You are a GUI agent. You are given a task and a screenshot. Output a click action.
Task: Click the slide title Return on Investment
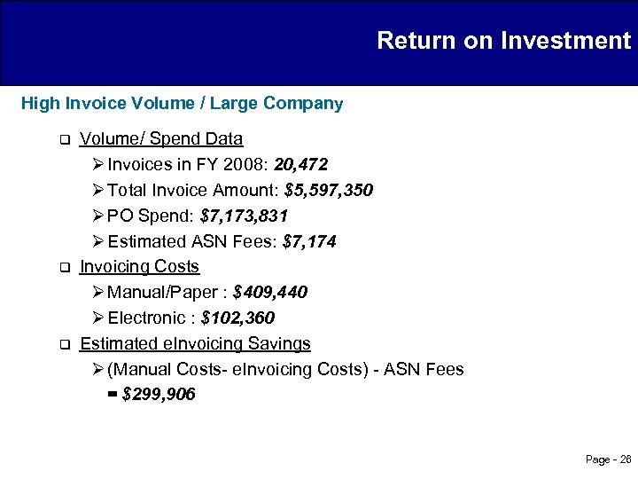[x=503, y=41]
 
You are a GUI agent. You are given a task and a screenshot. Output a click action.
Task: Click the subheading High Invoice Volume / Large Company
[x=182, y=104]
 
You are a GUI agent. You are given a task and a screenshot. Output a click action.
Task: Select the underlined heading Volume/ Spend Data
[x=161, y=139]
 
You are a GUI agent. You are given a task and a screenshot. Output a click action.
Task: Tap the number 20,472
[x=301, y=165]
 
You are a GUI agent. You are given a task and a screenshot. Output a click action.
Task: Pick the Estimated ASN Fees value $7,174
[x=308, y=242]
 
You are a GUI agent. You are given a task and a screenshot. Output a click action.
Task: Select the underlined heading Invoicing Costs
[x=139, y=267]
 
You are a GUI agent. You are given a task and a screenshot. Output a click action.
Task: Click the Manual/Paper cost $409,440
[x=270, y=293]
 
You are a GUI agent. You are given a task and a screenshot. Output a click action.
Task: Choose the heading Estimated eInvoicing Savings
[x=195, y=343]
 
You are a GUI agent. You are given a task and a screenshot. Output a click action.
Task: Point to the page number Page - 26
[x=609, y=459]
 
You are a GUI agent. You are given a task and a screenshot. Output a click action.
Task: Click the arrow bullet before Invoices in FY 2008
[x=97, y=165]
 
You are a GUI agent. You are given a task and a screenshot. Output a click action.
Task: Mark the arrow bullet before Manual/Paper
[x=97, y=293]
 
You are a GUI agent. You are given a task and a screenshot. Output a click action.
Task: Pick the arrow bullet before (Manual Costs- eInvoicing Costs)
[x=97, y=369]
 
